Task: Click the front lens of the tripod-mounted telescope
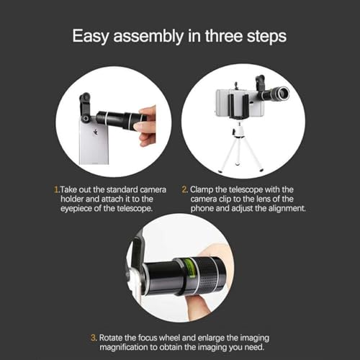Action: (x=284, y=94)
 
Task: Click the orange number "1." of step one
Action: (x=57, y=189)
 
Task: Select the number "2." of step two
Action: (x=185, y=189)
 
